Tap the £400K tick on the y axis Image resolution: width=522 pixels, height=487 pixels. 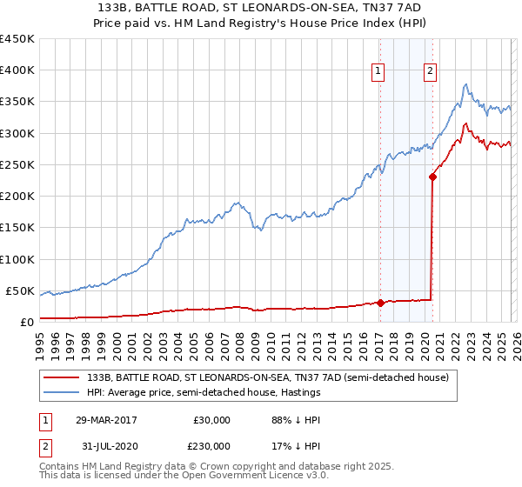17,70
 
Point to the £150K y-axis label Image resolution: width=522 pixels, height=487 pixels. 17,228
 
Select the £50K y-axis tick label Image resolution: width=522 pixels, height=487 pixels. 20,290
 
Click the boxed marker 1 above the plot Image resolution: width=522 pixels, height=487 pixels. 380,72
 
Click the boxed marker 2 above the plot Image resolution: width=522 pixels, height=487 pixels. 431,72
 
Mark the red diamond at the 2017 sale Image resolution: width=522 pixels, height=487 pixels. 380,303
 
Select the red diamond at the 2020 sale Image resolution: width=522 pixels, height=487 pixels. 432,177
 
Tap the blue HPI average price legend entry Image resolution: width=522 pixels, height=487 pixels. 204,393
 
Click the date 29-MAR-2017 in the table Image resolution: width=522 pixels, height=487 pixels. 105,420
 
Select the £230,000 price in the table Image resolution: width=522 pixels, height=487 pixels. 211,445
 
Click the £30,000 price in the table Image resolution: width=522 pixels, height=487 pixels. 211,420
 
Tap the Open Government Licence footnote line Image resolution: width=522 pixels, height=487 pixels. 184,477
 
